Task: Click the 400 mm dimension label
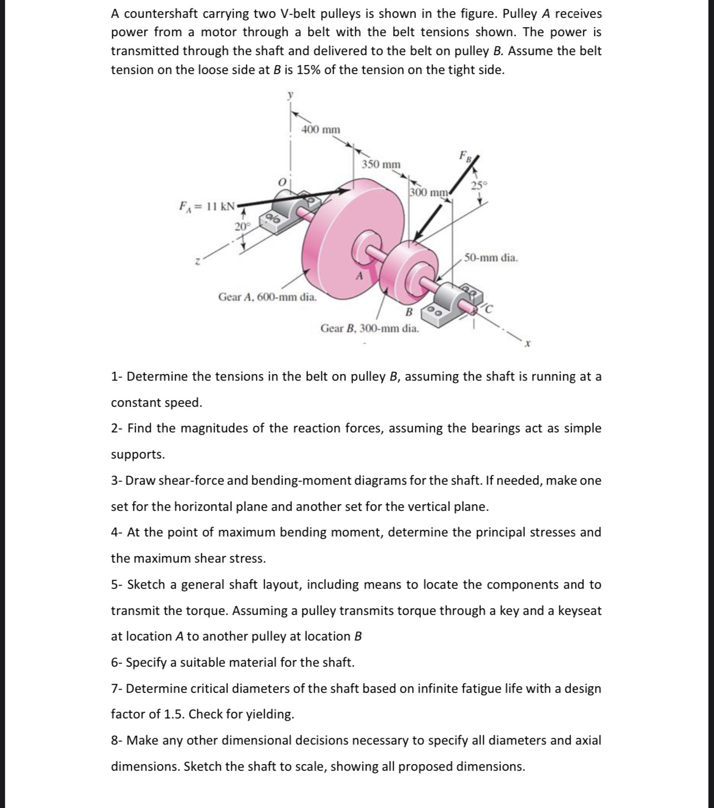[320, 130]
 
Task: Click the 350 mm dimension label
[381, 165]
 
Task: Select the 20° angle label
[242, 226]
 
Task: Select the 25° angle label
[479, 185]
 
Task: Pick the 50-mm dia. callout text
[491, 258]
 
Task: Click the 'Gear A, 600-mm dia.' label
[267, 297]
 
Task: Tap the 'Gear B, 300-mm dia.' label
[370, 328]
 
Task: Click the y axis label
[289, 96]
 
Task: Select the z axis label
[197, 260]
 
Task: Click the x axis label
[527, 345]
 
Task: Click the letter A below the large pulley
[359, 276]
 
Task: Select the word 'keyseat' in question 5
[579, 611]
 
